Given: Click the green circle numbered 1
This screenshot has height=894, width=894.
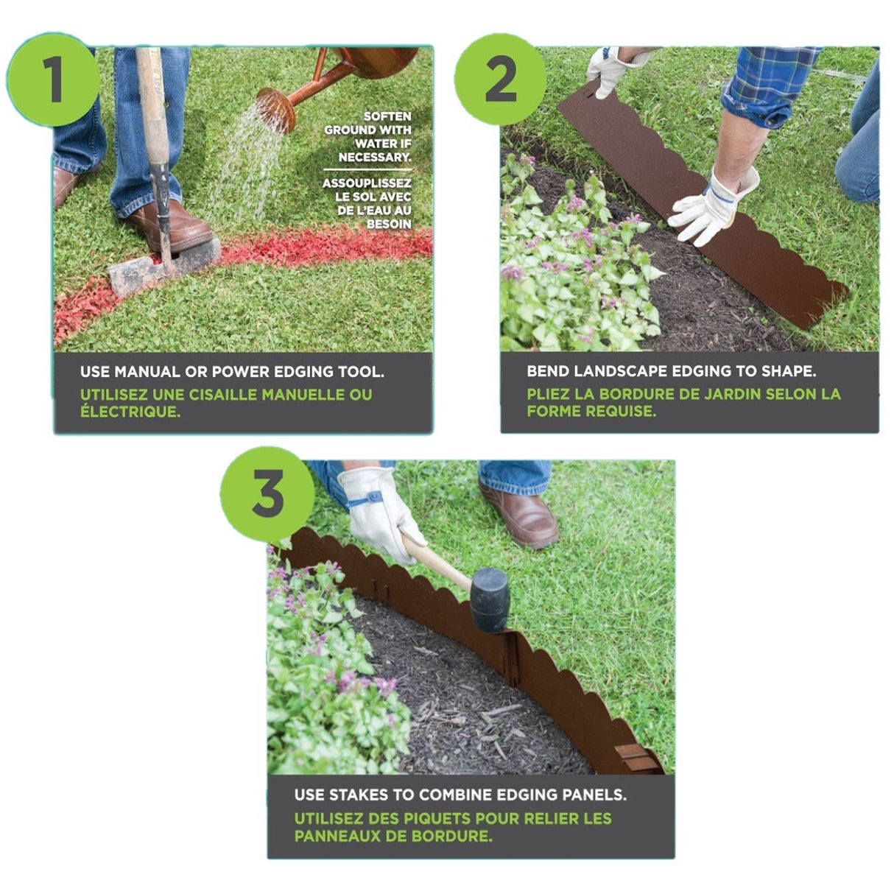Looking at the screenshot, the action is coord(53,80).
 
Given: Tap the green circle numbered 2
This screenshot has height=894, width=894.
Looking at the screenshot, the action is coord(500,80).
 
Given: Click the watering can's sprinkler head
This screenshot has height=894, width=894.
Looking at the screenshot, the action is coord(276,110).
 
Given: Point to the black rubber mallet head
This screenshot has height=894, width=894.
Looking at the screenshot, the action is coord(490,600).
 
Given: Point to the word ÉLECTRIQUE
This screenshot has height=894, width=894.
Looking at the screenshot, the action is coord(130,411).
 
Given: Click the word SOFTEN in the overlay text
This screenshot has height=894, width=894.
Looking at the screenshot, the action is coord(387,116).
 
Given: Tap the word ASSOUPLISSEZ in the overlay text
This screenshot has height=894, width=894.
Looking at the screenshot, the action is coord(367,183).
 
